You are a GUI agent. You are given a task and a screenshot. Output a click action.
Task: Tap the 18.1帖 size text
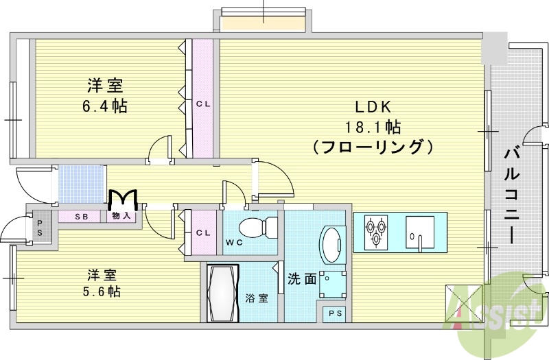click(x=373, y=127)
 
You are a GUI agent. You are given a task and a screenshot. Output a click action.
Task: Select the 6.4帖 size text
click(x=104, y=107)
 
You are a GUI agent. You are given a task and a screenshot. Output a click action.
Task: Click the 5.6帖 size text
click(x=104, y=291)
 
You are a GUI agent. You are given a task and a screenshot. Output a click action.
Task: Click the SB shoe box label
click(x=82, y=217)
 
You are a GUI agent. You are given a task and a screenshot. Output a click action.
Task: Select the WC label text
click(x=233, y=242)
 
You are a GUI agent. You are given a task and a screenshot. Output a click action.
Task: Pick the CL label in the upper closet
click(x=202, y=104)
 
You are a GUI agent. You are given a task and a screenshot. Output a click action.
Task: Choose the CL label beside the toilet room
click(x=202, y=233)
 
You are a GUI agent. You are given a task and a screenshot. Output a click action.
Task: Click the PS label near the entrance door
click(x=39, y=227)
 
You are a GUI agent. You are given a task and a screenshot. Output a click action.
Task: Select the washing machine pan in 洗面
click(x=333, y=280)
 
